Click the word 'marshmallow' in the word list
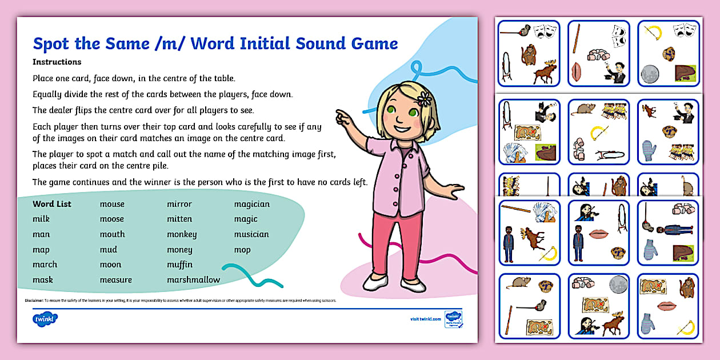[x=193, y=280]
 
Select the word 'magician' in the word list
[x=251, y=204]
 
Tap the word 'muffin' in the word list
[x=179, y=265]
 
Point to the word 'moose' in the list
[x=111, y=219]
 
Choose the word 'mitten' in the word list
[x=179, y=219]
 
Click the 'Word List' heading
[x=52, y=204]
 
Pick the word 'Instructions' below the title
[x=57, y=62]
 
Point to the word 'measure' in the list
[x=115, y=280]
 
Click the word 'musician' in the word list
[x=251, y=234]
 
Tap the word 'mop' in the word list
[x=242, y=250]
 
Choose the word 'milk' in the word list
[x=41, y=219]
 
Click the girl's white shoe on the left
[x=375, y=282]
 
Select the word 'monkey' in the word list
[x=182, y=234]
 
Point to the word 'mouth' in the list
[x=112, y=234]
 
